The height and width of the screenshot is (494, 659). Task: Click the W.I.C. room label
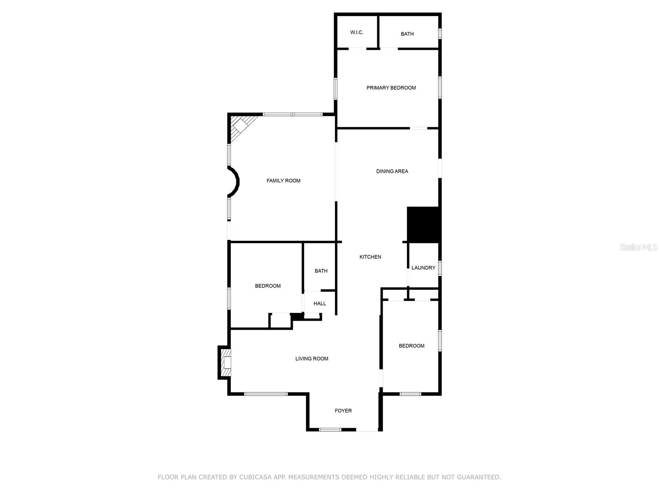tap(357, 32)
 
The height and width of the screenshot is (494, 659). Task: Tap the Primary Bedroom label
tap(391, 88)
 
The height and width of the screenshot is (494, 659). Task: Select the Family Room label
tap(283, 181)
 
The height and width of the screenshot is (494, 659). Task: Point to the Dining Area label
tap(392, 171)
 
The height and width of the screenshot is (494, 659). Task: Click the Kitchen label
tap(370, 257)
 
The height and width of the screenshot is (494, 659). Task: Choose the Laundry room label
tap(423, 268)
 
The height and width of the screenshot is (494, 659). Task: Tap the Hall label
tap(319, 304)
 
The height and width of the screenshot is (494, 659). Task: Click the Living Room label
tap(311, 359)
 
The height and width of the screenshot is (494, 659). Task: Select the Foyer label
tap(343, 410)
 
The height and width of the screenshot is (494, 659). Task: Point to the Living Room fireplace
tap(225, 362)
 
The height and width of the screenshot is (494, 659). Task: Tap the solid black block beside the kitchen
tap(423, 224)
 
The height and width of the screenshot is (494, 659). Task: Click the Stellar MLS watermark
tap(638, 247)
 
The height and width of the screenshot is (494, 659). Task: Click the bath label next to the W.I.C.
tap(407, 34)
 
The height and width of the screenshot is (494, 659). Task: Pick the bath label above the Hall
tap(321, 271)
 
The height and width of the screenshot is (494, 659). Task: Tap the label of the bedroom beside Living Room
tap(268, 286)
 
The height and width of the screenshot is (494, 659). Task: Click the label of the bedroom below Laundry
tap(411, 346)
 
